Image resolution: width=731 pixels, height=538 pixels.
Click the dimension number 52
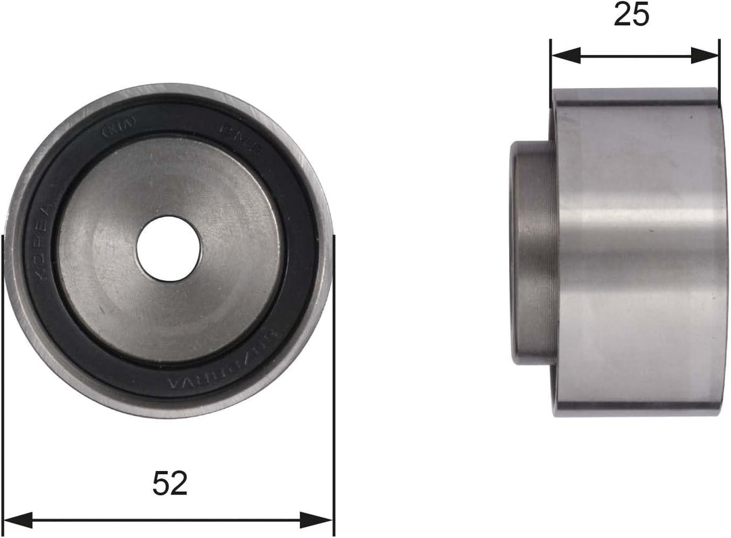[x=169, y=483]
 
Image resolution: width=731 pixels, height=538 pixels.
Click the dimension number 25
[x=631, y=15]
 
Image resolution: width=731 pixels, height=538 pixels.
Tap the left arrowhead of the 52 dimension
[x=18, y=520]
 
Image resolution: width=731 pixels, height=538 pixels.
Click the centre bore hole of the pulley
[x=169, y=248]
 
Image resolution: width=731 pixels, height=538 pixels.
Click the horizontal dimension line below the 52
[x=169, y=520]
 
